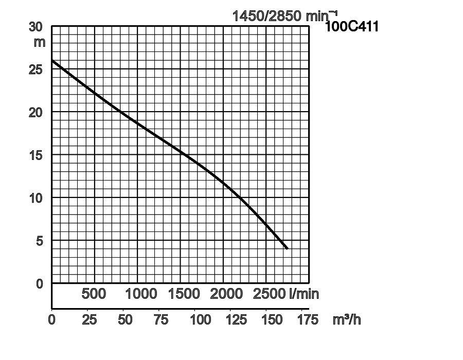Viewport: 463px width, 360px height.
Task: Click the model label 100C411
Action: pyautogui.click(x=352, y=26)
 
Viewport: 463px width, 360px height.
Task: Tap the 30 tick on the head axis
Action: pyautogui.click(x=36, y=27)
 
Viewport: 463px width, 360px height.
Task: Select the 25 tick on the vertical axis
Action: pyautogui.click(x=36, y=69)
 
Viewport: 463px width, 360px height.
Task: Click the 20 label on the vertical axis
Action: pyautogui.click(x=36, y=112)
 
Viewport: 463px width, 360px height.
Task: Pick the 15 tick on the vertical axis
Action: pyautogui.click(x=36, y=155)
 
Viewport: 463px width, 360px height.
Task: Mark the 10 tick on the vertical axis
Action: pyautogui.click(x=36, y=197)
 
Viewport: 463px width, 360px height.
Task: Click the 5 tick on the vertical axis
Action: pyautogui.click(x=39, y=241)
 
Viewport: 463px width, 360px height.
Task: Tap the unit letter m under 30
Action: pyautogui.click(x=40, y=42)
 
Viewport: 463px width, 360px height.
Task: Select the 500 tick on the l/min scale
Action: pyautogui.click(x=94, y=294)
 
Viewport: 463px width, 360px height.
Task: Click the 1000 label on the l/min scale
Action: pyautogui.click(x=141, y=294)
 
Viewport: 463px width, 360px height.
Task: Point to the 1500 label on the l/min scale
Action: pyautogui.click(x=184, y=294)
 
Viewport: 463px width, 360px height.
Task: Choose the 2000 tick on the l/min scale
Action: pyautogui.click(x=226, y=294)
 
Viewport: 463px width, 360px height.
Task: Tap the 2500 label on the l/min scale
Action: pyautogui.click(x=269, y=294)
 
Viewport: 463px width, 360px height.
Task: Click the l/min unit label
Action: pyautogui.click(x=304, y=294)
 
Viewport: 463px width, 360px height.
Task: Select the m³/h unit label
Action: pyautogui.click(x=347, y=319)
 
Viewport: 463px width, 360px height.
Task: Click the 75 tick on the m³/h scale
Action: pyautogui.click(x=161, y=319)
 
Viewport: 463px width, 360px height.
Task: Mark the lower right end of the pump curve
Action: pyautogui.click(x=287, y=249)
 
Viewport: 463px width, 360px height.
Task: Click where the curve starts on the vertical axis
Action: pyautogui.click(x=52, y=61)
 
